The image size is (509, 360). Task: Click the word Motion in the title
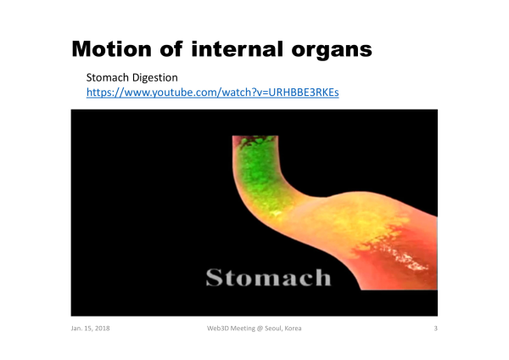111,49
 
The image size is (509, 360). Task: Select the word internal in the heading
237,49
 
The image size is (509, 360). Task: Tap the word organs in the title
332,51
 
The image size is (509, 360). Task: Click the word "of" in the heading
171,49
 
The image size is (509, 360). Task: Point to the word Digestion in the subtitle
155,77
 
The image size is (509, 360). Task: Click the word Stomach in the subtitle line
108,77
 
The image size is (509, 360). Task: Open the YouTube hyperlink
213,93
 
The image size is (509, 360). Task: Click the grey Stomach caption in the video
268,278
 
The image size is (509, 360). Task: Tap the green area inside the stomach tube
261,176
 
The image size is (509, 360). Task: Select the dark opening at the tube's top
255,140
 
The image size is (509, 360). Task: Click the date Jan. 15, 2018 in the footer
90,329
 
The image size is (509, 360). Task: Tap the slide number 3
436,329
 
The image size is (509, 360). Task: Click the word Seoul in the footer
273,329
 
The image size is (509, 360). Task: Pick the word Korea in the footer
294,329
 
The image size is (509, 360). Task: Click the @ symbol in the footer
260,329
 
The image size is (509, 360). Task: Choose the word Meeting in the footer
242,329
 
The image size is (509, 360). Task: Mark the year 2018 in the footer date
102,329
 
